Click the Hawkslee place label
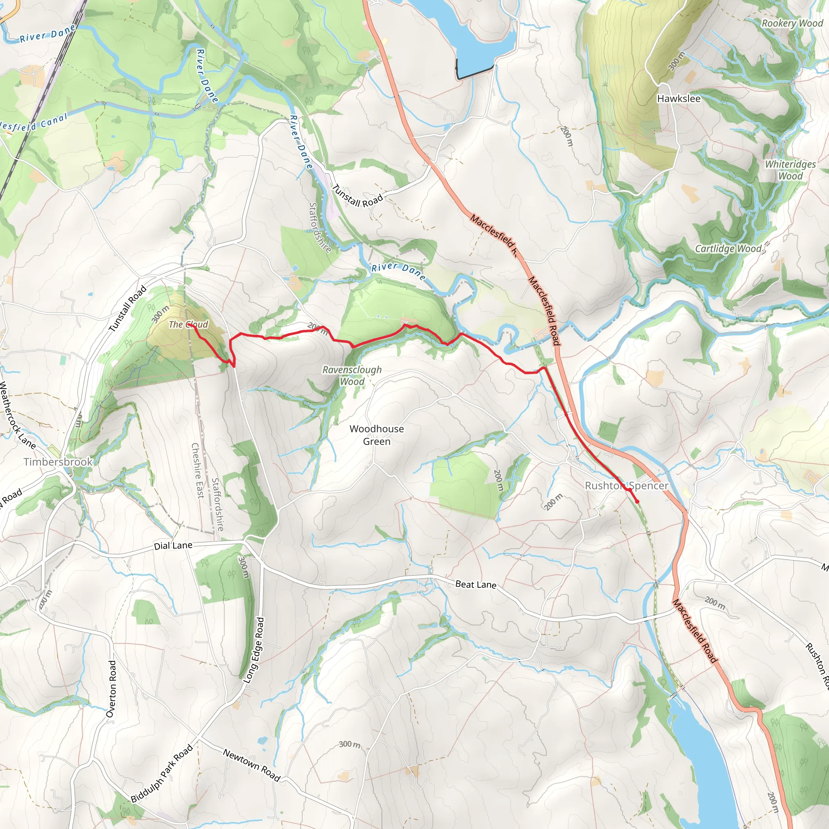pos(678,99)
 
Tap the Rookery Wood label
pos(792,23)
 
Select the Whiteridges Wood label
pos(791,170)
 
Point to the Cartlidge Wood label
pos(729,249)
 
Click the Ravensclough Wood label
pos(352,376)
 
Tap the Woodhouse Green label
pos(376,435)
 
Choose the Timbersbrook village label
pos(58,462)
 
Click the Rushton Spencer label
pos(627,485)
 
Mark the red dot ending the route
pos(637,501)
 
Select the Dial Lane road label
pos(173,545)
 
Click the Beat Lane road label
pos(476,584)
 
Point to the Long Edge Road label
pos(254,650)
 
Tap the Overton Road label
pos(111,688)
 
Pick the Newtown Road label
pos(251,765)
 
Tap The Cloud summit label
pos(188,324)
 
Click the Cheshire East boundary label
pos(197,471)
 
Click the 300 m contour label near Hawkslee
pos(676,62)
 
